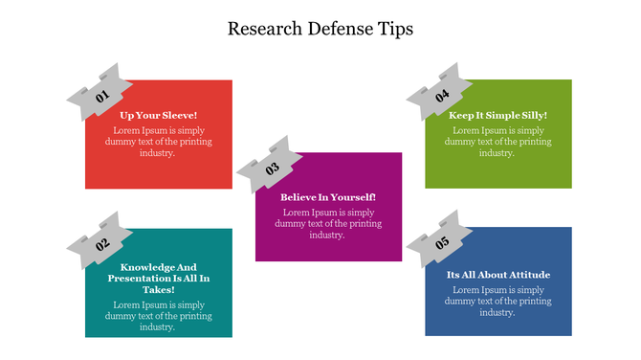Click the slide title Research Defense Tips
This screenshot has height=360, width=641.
point(320,29)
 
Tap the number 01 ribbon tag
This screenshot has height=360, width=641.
point(99,94)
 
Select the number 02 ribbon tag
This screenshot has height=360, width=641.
point(100,241)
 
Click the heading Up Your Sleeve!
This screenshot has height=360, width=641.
point(159,115)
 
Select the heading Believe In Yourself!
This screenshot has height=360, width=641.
point(328,197)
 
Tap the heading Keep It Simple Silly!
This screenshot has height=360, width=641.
point(498,115)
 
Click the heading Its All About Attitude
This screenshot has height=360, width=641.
point(498,275)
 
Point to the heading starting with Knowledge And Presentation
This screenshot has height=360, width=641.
point(159,278)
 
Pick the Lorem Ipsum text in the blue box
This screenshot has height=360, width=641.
point(498,301)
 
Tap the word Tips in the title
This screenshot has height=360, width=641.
point(396,29)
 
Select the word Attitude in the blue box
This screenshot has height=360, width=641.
point(528,275)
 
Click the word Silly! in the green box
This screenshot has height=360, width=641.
point(532,115)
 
